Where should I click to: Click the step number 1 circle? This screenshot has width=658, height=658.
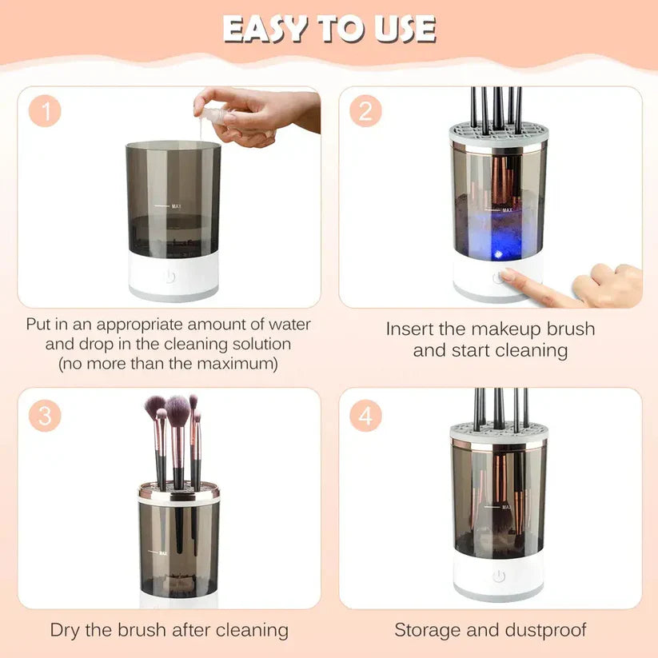pos(46,111)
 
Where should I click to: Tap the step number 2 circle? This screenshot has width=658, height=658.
pos(365,111)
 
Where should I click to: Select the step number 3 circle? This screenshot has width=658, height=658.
pos(46,416)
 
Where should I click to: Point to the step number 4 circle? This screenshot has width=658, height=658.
pos(365,416)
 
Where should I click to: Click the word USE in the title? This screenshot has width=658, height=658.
pos(404,30)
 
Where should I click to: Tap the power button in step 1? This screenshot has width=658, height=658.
pos(169,277)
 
